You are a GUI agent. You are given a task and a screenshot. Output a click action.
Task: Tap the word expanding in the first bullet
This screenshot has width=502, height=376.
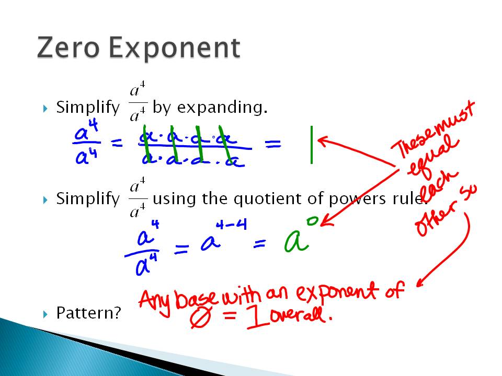pos(222,108)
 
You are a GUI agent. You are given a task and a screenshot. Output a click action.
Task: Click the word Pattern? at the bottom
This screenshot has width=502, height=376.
pos(88,313)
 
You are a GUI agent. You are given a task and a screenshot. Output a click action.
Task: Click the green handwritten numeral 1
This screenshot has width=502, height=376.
pos(311,145)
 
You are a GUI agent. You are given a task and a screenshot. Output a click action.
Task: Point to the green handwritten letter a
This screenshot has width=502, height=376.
pos(296,242)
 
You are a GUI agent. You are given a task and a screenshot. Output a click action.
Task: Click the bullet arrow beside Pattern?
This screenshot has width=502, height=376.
pos(45,313)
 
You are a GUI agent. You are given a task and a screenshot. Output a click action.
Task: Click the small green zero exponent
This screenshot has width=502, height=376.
pos(312,221)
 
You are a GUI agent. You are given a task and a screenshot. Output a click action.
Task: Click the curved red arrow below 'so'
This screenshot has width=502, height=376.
pos(450,251)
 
